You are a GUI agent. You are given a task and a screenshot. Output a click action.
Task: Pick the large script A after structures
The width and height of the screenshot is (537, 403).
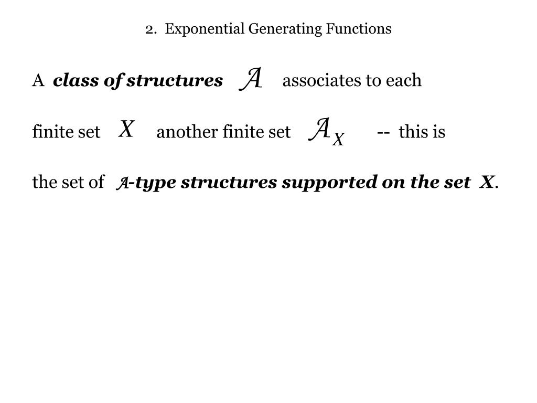click(x=251, y=79)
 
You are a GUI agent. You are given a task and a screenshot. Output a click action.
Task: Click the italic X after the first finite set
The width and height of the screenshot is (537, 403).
click(x=126, y=129)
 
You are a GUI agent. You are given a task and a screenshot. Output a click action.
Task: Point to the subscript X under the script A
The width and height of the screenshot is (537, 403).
click(x=338, y=140)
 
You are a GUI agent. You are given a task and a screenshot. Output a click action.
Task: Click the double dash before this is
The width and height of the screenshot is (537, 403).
click(x=383, y=132)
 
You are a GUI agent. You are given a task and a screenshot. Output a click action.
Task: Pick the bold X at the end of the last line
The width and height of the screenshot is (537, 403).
click(x=487, y=183)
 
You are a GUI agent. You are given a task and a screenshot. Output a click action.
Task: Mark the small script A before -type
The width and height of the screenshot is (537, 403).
click(x=122, y=184)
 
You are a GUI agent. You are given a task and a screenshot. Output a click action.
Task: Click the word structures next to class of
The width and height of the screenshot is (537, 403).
click(x=175, y=81)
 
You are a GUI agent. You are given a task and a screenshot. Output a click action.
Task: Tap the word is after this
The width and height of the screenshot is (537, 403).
click(x=439, y=132)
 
